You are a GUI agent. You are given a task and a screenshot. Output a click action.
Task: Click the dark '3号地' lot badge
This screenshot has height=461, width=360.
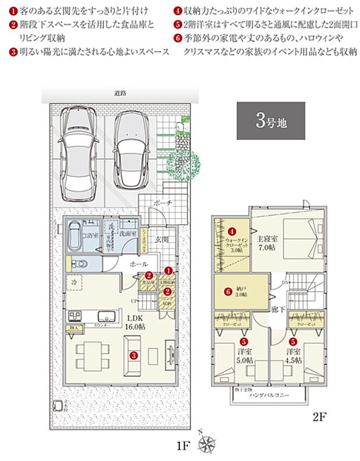[271, 121]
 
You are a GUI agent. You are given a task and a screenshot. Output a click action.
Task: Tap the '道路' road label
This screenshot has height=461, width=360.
[121, 93]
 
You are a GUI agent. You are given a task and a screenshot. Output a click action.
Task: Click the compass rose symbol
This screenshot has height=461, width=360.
[206, 445]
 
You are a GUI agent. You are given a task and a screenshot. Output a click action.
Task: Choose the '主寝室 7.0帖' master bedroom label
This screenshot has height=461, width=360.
[268, 243]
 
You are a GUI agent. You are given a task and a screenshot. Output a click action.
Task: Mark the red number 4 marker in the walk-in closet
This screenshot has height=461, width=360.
[231, 231]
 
